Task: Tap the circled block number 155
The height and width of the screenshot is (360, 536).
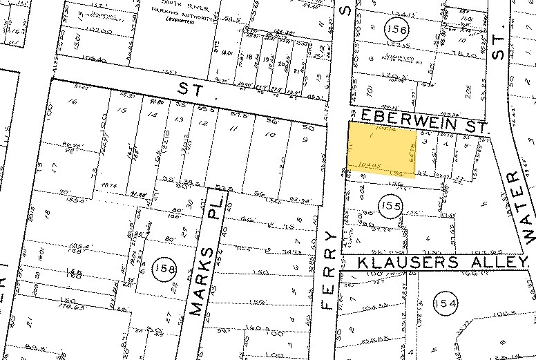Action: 390,204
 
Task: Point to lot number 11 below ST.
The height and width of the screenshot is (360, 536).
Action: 233,129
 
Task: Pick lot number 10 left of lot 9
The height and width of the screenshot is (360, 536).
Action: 268,135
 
